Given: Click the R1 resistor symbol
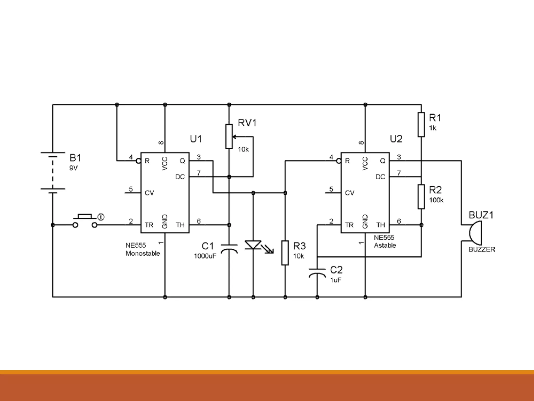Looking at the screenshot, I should [x=421, y=125].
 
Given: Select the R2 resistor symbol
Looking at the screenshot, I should [x=421, y=197].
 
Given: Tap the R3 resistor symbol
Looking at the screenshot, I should [x=285, y=253].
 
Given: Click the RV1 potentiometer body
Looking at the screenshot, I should [x=229, y=137].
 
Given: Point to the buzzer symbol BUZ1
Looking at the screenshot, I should [x=475, y=232].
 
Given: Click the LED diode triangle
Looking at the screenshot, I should [x=253, y=245].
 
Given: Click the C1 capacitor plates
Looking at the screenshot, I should [x=229, y=249].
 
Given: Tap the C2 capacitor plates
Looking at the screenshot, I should [x=317, y=272].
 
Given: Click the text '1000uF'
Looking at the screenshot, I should [x=205, y=256].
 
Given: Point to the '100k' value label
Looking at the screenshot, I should [x=436, y=200].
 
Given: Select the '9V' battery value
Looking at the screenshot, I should [x=74, y=168].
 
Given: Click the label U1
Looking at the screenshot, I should [x=196, y=139].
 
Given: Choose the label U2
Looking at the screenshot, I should [x=396, y=139].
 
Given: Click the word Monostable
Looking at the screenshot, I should [x=143, y=253].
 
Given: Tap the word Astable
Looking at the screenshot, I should [x=385, y=245].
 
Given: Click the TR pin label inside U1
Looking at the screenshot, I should [x=149, y=225].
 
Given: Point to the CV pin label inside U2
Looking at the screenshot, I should [x=349, y=193].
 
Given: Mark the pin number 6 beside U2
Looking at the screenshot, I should [x=399, y=221].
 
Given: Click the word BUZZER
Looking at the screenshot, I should [x=482, y=250].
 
